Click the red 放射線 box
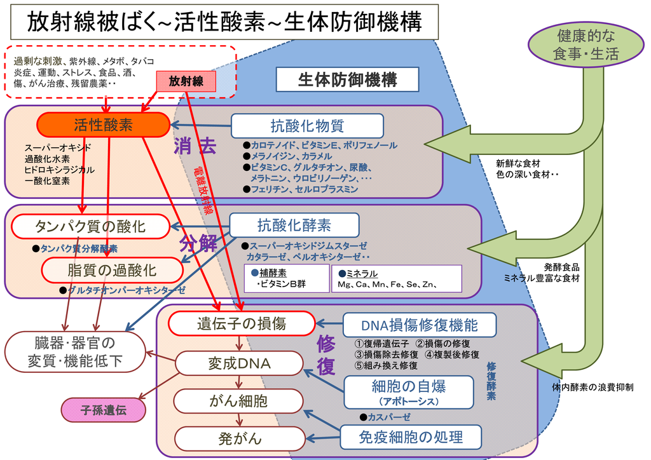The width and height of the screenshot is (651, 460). (186, 81)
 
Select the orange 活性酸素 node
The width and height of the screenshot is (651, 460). (104, 125)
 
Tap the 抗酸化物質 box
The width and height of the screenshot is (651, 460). (307, 126)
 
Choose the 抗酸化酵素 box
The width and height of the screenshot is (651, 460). (294, 225)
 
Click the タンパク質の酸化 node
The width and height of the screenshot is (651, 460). (90, 226)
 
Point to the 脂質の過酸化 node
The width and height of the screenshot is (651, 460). (112, 271)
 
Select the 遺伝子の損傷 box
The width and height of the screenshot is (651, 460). (242, 323)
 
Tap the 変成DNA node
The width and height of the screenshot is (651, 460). (239, 364)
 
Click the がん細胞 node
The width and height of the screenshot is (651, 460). (238, 401)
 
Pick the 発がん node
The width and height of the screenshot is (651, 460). (240, 439)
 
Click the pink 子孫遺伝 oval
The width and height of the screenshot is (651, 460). (104, 410)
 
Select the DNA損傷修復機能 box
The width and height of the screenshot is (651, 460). (420, 325)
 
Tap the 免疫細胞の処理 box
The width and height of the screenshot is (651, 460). (411, 437)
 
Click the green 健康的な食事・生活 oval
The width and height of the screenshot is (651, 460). (586, 45)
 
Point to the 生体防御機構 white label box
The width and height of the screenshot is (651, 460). (348, 79)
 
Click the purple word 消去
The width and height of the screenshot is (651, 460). (195, 146)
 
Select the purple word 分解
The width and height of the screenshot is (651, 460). (198, 243)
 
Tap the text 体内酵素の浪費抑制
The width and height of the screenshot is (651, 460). (593, 388)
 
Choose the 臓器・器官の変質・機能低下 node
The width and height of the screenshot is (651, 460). (75, 352)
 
